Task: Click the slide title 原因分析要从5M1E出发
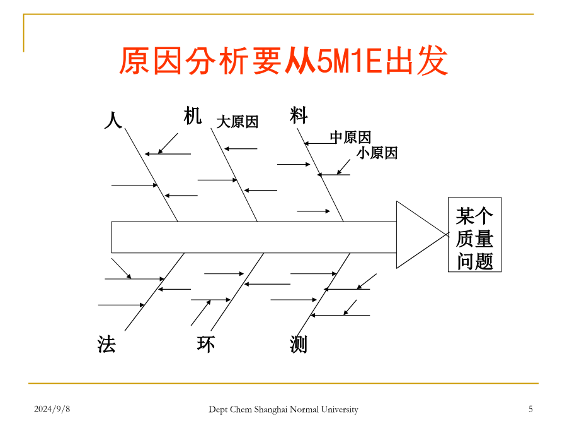[x=284, y=61]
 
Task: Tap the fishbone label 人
[x=113, y=120]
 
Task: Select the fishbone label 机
[x=192, y=115]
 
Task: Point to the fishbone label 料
[x=299, y=115]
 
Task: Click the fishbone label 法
[x=106, y=344]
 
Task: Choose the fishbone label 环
[x=206, y=344]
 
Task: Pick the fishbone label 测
[x=299, y=344]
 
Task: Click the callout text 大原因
[x=238, y=122]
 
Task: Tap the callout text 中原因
[x=350, y=138]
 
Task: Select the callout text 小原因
[x=377, y=153]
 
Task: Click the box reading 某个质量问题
[x=474, y=235]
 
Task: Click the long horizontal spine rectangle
[x=254, y=237]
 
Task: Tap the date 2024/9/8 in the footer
[x=52, y=410]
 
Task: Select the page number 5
[x=530, y=410]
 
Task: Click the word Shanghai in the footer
[x=271, y=410]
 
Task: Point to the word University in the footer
[x=340, y=410]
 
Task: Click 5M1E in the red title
[x=349, y=61]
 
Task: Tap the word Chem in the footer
[x=241, y=410]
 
